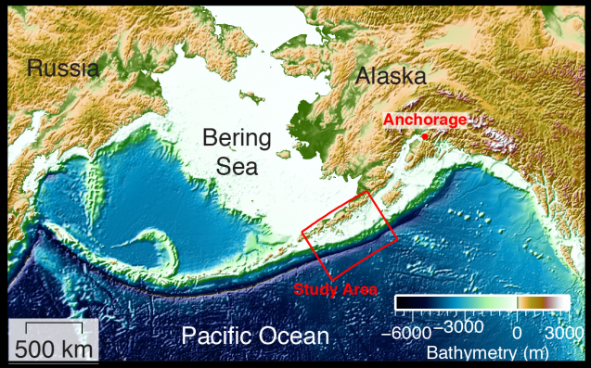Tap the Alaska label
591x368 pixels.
(391, 77)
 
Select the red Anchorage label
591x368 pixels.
(424, 120)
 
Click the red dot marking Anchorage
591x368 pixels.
(425, 136)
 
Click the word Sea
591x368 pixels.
(238, 166)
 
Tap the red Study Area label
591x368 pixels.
(336, 289)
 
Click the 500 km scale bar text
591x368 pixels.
(53, 349)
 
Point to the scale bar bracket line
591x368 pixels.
(54, 325)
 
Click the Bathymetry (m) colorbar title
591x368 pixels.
(485, 352)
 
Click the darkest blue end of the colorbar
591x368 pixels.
(400, 303)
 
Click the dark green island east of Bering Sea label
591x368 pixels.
(281, 154)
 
